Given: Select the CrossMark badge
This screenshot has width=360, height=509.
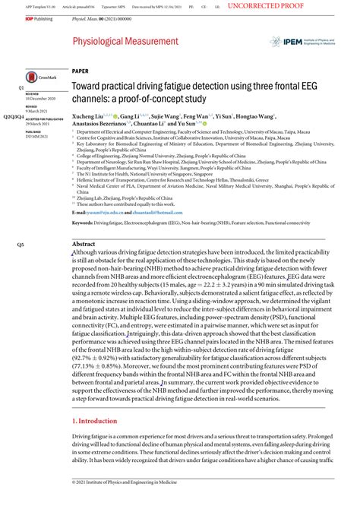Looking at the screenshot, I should pyautogui.click(x=39, y=77).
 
